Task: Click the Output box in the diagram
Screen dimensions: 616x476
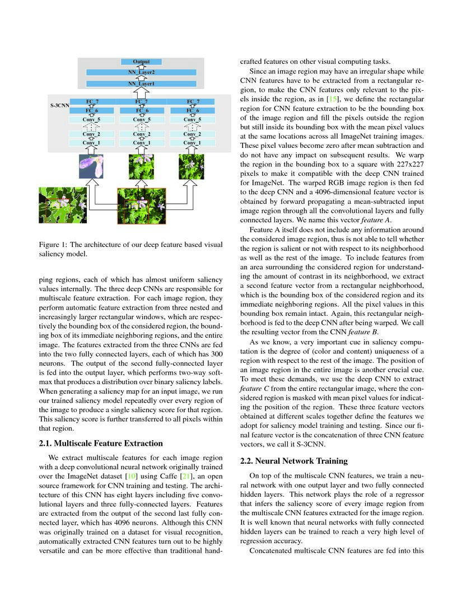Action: (141, 62)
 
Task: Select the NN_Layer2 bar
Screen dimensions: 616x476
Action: (141, 72)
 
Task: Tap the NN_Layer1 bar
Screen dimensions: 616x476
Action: (141, 83)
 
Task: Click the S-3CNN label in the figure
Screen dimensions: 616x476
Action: (59, 105)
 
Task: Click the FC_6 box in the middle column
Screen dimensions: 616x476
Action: (141, 111)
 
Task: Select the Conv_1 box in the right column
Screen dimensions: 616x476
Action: (192, 143)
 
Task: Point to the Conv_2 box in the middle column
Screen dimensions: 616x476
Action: (141, 134)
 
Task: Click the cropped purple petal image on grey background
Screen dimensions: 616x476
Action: (91, 166)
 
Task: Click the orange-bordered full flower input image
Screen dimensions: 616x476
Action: (141, 206)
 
